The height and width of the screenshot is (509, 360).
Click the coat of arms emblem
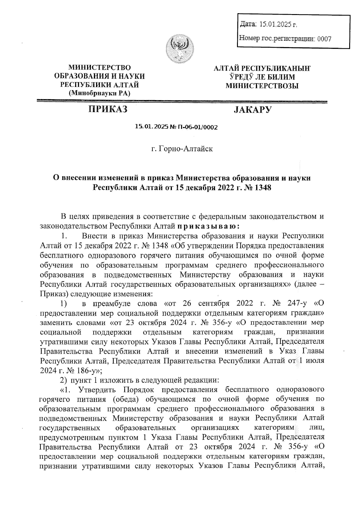tap(180, 49)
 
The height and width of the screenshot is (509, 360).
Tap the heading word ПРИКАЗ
tap(107, 109)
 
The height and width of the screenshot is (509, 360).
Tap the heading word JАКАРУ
tap(253, 110)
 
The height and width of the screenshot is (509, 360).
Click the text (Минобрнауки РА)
tap(100, 93)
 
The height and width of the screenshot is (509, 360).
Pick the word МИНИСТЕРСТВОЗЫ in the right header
tap(262, 86)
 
